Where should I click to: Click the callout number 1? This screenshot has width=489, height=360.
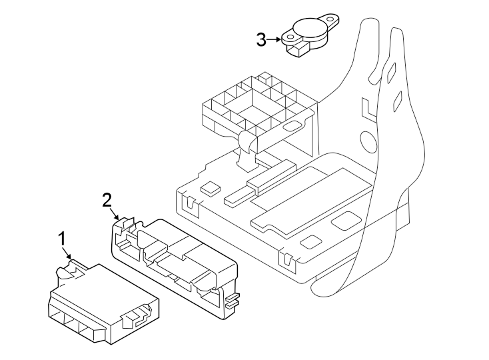pyautogui.click(x=62, y=238)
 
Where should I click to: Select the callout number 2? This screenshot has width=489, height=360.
pyautogui.click(x=107, y=199)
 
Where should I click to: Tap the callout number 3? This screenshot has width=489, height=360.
pyautogui.click(x=261, y=39)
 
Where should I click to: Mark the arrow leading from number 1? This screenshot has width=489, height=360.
pyautogui.click(x=67, y=253)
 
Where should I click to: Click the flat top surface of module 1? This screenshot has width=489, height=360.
pyautogui.click(x=100, y=287)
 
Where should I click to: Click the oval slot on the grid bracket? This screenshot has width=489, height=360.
pyautogui.click(x=291, y=125)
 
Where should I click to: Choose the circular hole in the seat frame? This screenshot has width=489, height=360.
pyautogui.click(x=368, y=141)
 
